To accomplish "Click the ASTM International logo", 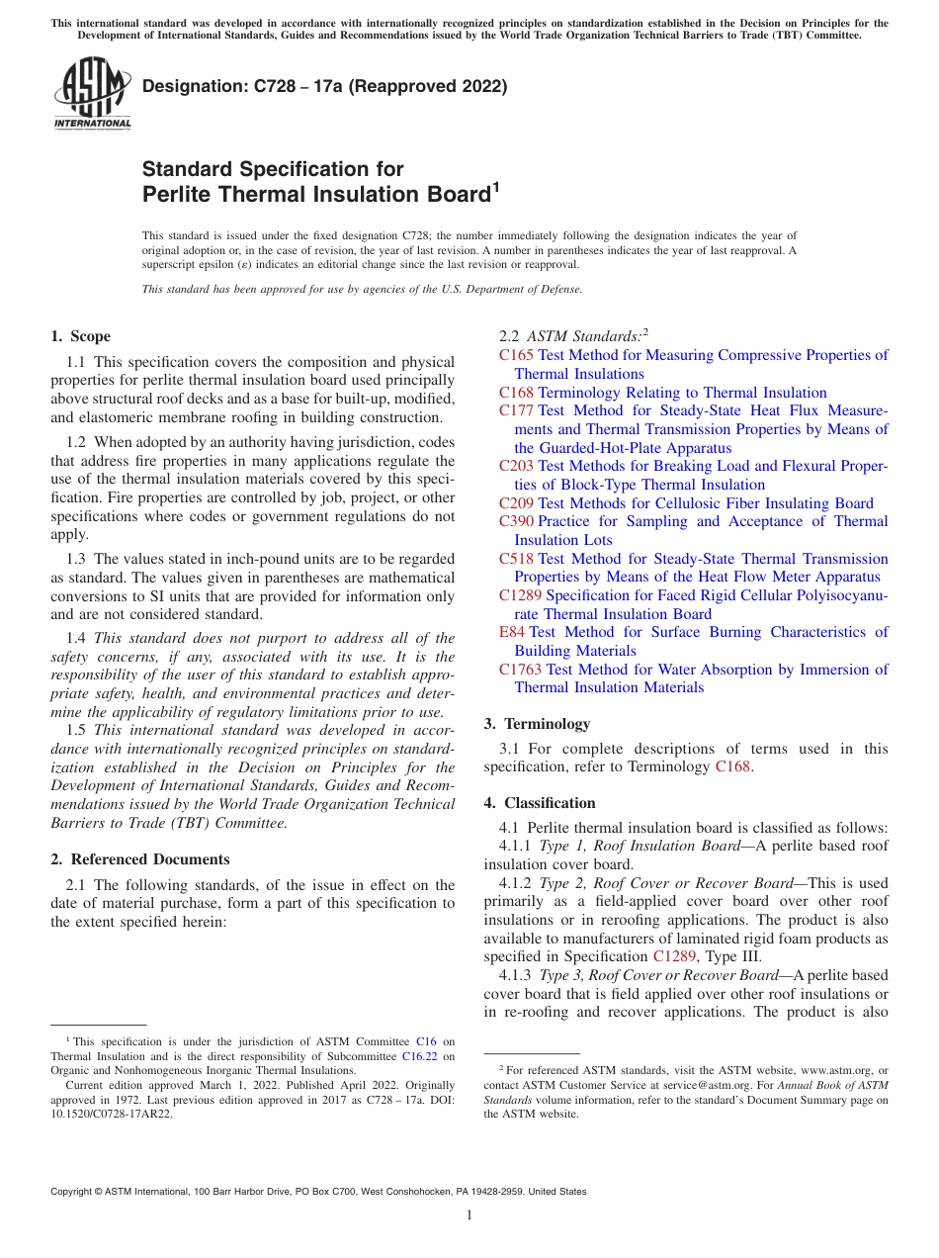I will point(92,93).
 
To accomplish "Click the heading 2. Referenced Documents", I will point(140,859).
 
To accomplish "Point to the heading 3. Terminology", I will point(537,724).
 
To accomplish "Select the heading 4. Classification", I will point(540,803).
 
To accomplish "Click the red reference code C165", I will point(516,355).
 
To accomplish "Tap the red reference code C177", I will point(516,411).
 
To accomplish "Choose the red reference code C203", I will point(516,466).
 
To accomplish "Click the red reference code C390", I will point(516,521).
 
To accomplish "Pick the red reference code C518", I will point(516,559).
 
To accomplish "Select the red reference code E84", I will point(512,632).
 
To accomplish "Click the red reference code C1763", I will point(520,670).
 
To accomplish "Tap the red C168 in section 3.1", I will point(732,767).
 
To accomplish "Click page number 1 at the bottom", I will point(469,1215).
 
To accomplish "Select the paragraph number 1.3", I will point(76,560).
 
